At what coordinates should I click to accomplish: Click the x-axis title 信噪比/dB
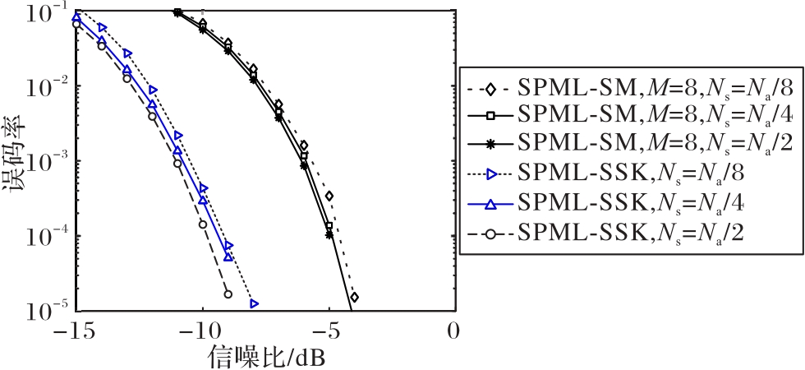262,356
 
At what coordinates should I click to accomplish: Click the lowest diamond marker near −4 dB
354,297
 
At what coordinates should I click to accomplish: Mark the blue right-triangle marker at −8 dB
255,304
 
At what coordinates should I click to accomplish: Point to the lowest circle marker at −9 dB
228,294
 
